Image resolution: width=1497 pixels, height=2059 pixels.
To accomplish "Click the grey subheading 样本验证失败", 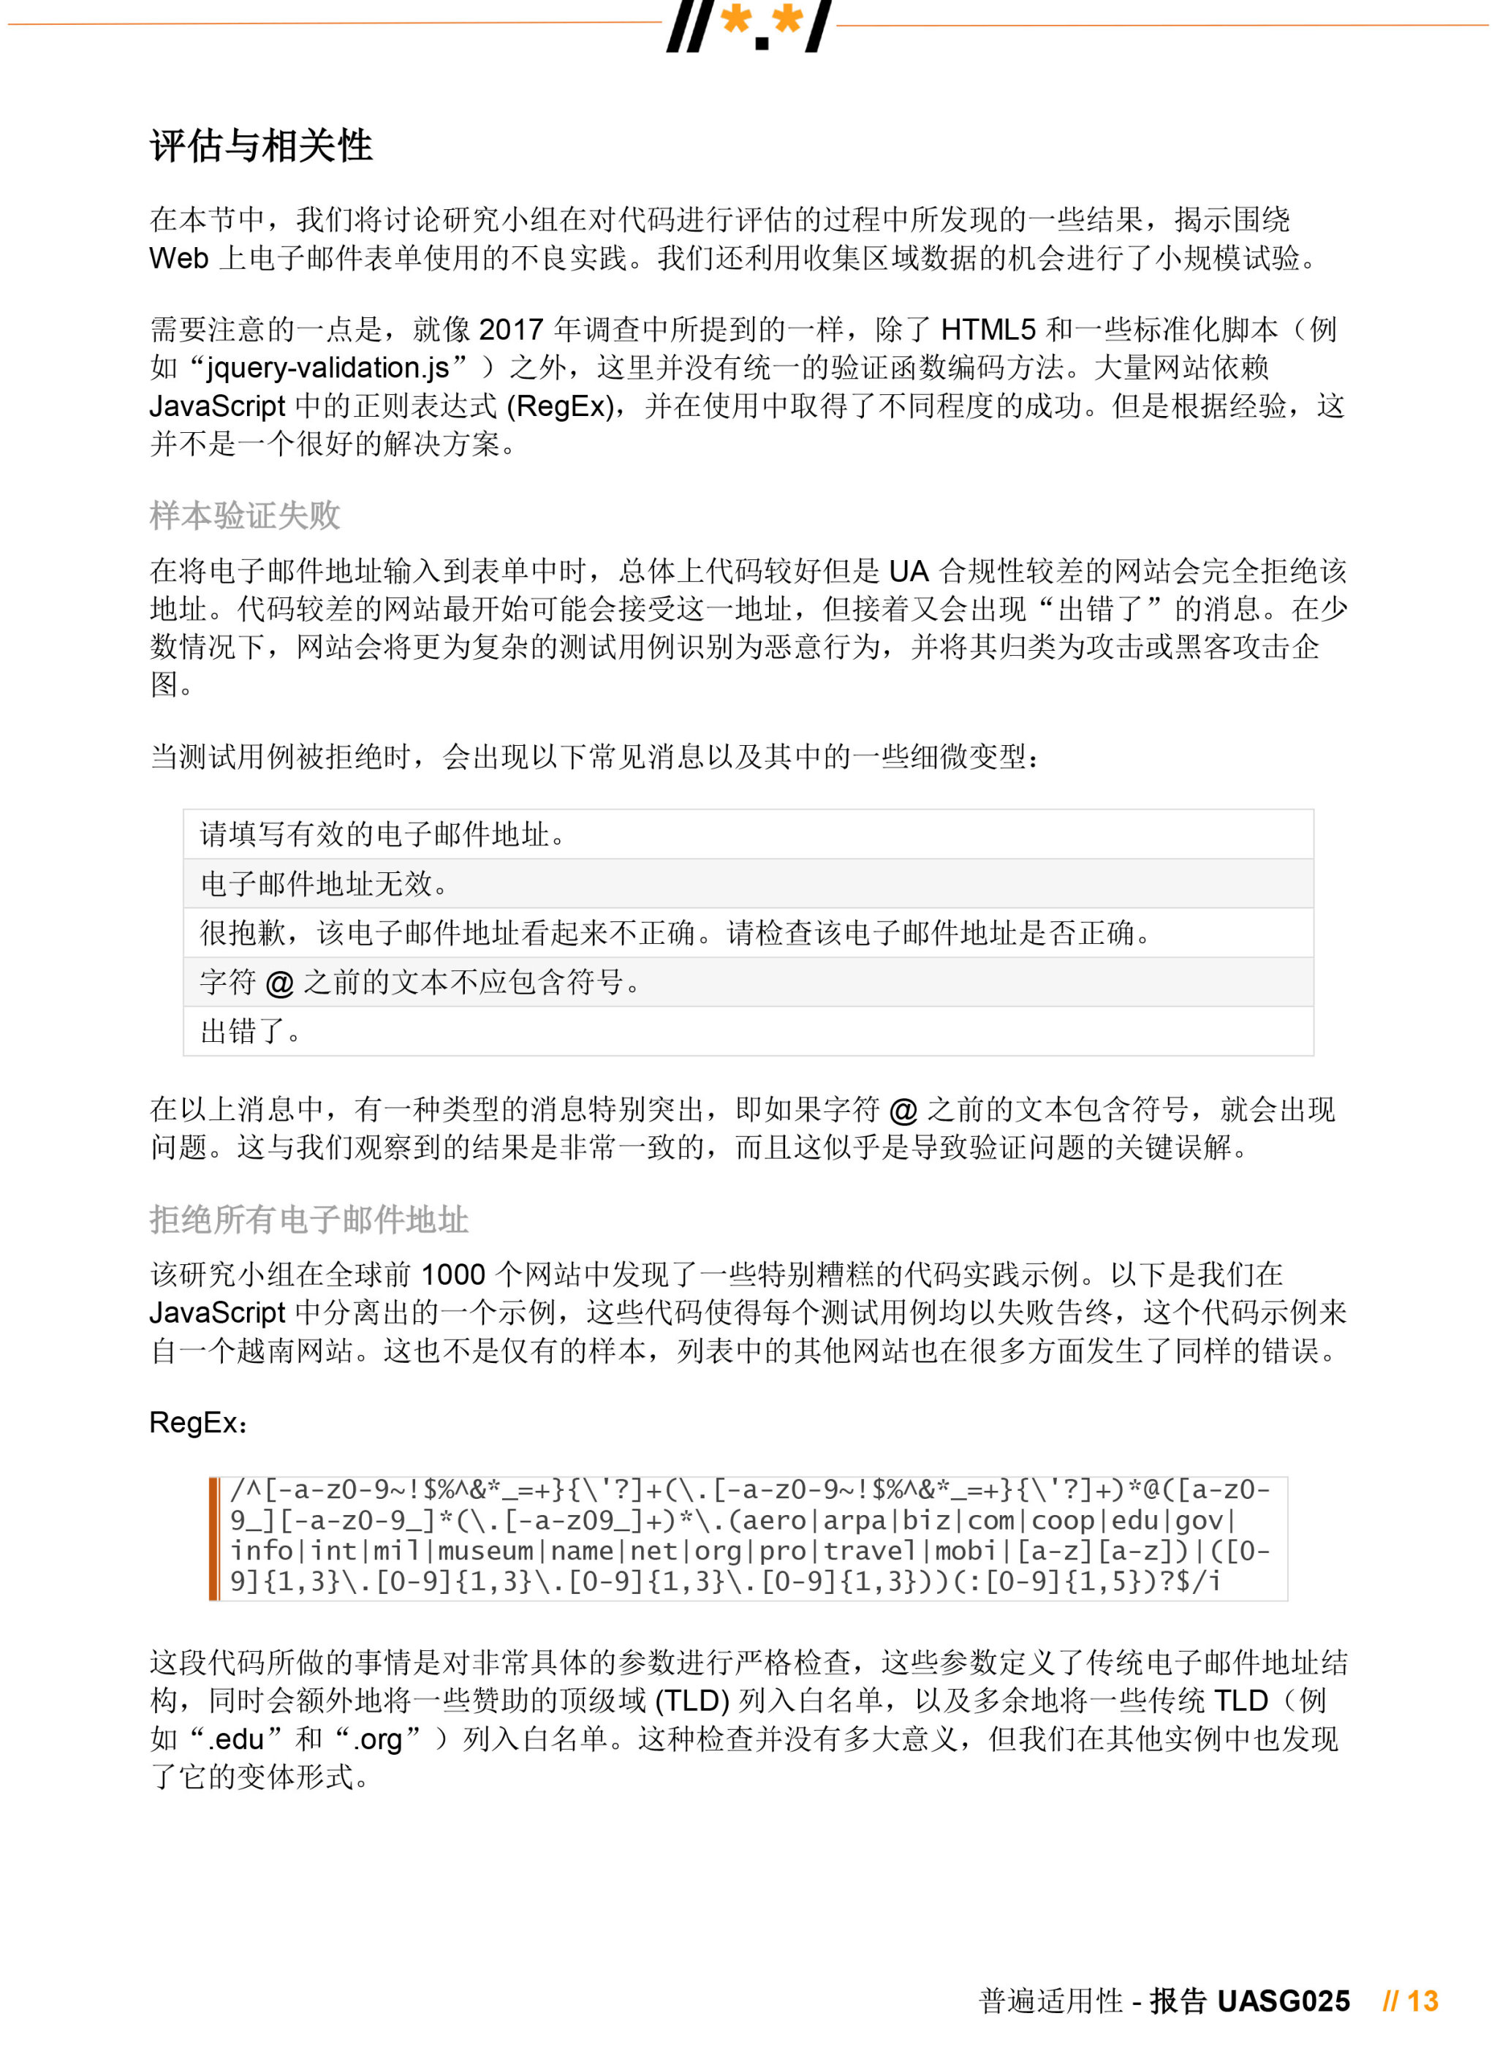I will (244, 515).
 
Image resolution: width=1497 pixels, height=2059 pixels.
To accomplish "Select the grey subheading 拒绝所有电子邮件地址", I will (308, 1219).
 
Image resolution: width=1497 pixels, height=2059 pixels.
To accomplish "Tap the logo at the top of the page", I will (749, 26).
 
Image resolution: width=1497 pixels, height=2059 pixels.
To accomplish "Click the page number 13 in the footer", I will (1422, 2001).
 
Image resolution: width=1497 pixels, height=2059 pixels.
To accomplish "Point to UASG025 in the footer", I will (1283, 2001).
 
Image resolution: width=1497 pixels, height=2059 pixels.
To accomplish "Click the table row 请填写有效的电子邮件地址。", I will (382, 834).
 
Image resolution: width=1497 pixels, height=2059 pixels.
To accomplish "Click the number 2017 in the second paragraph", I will (511, 328).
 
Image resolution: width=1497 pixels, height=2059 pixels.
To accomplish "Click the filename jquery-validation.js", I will (327, 368).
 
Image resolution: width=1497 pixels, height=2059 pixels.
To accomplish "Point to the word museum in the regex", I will (485, 1551).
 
